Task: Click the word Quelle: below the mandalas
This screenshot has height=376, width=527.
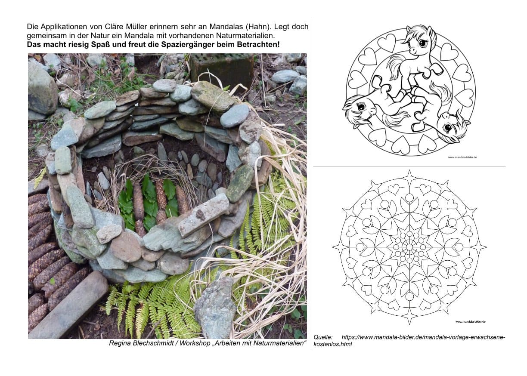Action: coord(323,337)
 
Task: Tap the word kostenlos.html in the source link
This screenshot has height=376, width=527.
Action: coord(333,344)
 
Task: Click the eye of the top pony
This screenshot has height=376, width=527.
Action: coord(422,43)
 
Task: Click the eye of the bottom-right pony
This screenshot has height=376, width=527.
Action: coord(448,127)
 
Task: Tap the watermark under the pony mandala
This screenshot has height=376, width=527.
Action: coord(462,157)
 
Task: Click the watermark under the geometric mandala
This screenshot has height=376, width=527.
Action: coord(470,322)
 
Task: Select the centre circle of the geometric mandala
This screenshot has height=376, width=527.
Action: coord(409,247)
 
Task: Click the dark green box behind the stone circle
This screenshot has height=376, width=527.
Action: coord(222,68)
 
